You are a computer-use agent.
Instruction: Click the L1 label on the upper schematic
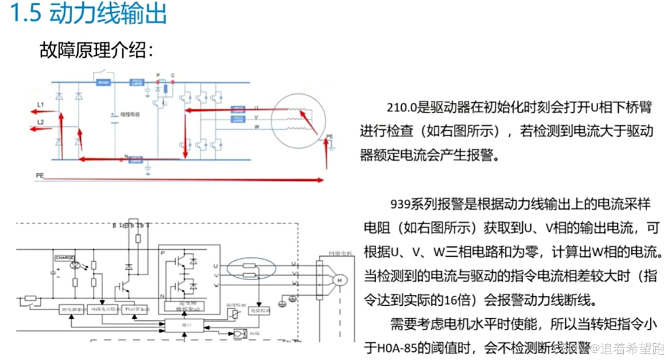pos(41,105)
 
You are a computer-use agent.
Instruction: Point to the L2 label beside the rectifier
pos(41,122)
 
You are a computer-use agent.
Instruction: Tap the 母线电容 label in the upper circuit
pos(130,114)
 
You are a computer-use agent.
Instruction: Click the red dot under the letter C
pos(173,82)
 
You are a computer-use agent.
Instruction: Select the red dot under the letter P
pos(158,82)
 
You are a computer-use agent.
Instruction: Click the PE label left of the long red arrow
pos(40,176)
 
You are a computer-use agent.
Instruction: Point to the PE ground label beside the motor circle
pos(330,137)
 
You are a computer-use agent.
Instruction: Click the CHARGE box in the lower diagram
pos(65,258)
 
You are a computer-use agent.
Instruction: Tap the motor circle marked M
pos(340,280)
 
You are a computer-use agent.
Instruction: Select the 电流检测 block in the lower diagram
pos(259,310)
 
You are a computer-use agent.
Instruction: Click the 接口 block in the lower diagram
pos(184,325)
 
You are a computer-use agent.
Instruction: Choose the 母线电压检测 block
pos(103,309)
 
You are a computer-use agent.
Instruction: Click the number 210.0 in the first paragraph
pos(402,108)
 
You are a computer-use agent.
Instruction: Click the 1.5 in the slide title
pos(25,13)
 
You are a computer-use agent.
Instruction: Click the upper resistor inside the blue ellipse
pos(249,266)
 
